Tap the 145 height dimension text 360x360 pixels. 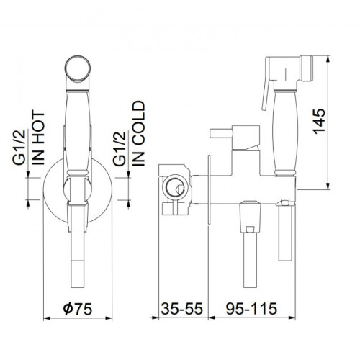coord(319,122)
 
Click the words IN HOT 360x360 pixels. coord(39,138)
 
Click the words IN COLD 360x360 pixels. coord(139,133)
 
